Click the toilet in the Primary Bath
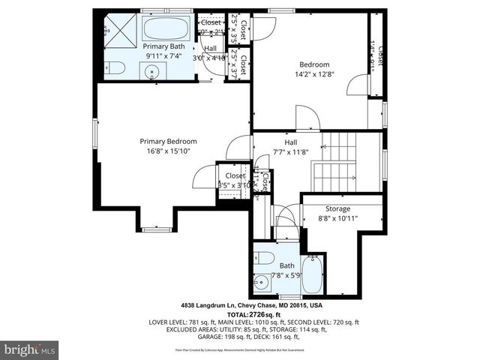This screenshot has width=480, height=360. click(113, 68)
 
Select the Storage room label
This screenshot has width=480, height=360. click(337, 208)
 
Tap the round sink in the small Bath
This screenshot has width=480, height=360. click(261, 283)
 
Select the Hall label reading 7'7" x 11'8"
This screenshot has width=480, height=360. click(289, 152)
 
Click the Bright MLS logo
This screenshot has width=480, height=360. click(30, 349)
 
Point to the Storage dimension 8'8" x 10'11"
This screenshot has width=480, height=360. click(337, 219)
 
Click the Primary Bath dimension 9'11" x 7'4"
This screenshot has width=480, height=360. click(164, 56)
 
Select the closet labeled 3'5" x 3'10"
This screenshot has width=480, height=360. click(234, 181)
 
